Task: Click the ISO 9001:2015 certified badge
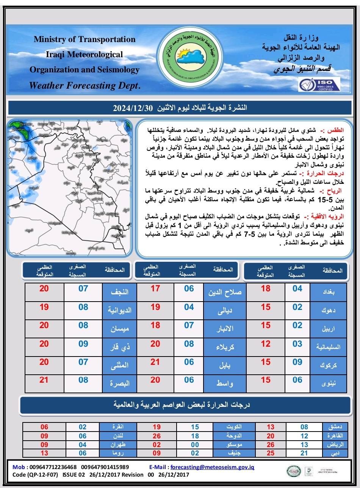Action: (x=319, y=84)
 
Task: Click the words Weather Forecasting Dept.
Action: (x=85, y=86)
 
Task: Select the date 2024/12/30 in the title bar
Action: (x=132, y=108)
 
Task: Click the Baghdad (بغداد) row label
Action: (x=329, y=292)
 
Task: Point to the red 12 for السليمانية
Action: (x=266, y=344)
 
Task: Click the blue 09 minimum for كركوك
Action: (x=297, y=362)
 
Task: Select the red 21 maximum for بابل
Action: (x=155, y=362)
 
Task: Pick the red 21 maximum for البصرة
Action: (x=44, y=379)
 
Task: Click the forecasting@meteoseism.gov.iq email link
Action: (x=213, y=467)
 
